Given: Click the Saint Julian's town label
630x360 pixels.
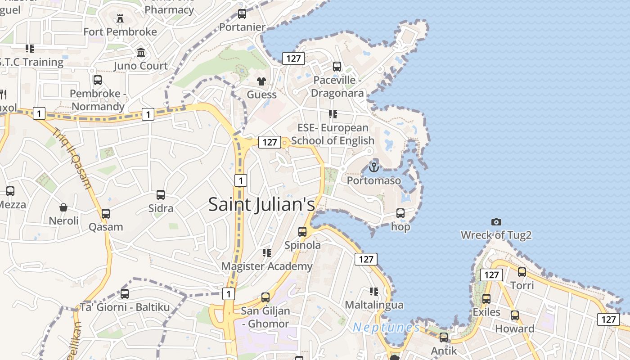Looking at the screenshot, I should click(x=261, y=205).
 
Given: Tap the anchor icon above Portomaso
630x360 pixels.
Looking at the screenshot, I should click(x=373, y=167).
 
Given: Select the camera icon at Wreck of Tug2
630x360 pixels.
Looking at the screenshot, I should click(x=496, y=222).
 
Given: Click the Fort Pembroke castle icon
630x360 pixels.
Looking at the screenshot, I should click(x=120, y=18).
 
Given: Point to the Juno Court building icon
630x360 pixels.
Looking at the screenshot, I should click(x=141, y=52).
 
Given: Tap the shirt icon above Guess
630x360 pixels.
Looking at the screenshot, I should click(x=261, y=81).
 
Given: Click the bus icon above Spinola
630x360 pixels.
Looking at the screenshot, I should click(x=302, y=232).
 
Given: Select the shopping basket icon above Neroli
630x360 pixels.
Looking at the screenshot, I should click(x=63, y=207).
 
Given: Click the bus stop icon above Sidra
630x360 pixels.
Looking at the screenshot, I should click(x=161, y=195).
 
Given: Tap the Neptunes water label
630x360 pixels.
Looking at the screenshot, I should click(x=387, y=327).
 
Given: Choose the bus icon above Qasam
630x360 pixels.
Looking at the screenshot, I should click(x=106, y=214).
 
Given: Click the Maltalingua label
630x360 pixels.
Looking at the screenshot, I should click(x=374, y=305).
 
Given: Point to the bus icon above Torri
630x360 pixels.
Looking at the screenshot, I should click(x=522, y=272).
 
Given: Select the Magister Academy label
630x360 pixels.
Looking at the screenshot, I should click(x=267, y=266).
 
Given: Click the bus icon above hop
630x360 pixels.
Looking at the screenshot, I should click(x=400, y=213).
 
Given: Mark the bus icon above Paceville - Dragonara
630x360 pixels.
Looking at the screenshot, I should click(x=337, y=67).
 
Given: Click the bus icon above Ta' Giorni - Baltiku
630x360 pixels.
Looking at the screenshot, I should click(x=125, y=294).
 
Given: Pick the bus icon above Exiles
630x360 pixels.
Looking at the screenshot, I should click(x=486, y=299).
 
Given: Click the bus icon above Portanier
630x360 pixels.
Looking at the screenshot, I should click(x=242, y=14).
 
